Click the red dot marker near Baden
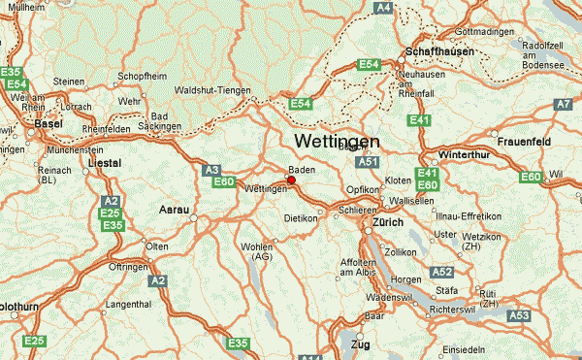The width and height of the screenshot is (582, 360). coord(291,180)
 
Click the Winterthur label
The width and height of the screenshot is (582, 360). coord(466,155)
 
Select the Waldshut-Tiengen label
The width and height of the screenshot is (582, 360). coord(211,90)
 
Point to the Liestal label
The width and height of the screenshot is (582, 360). coord(105,164)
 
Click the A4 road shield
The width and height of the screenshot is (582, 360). coord(384,7)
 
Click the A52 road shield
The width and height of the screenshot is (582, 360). coord(442,273)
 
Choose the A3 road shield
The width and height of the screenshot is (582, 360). coord(212,169)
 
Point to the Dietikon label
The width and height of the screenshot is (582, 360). coord(301,218)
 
